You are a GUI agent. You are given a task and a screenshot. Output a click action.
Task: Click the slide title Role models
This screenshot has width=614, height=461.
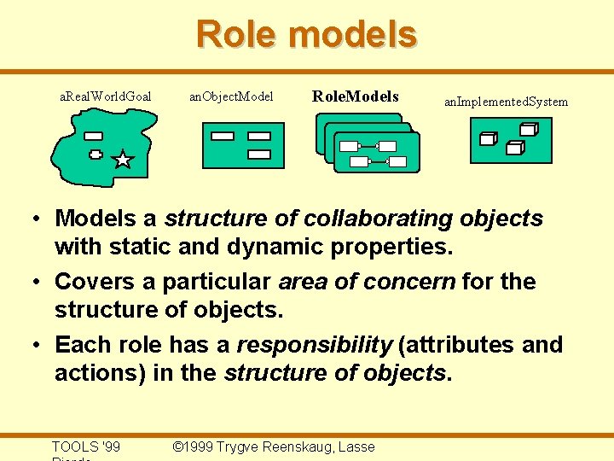tap(306, 35)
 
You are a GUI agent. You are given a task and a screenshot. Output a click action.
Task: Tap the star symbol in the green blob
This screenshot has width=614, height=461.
tap(123, 159)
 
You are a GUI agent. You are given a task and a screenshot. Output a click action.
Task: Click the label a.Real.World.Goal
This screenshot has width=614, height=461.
tap(105, 96)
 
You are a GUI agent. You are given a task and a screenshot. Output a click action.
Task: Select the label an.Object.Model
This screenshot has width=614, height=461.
tap(230, 96)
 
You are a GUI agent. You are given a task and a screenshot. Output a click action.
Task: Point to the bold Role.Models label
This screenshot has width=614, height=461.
tap(355, 96)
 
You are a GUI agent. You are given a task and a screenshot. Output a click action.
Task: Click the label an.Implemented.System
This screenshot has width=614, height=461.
tap(506, 102)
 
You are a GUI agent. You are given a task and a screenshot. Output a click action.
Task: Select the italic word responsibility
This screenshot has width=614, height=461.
tap(314, 345)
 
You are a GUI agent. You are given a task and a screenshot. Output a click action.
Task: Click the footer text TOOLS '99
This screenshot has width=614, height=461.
tap(85, 446)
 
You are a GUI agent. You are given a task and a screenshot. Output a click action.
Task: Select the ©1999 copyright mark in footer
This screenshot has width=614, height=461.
tap(193, 446)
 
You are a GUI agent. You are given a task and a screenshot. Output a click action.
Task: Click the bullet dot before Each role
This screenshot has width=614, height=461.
tap(38, 345)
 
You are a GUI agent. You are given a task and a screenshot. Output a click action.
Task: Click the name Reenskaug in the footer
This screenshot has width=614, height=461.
tap(303, 446)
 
